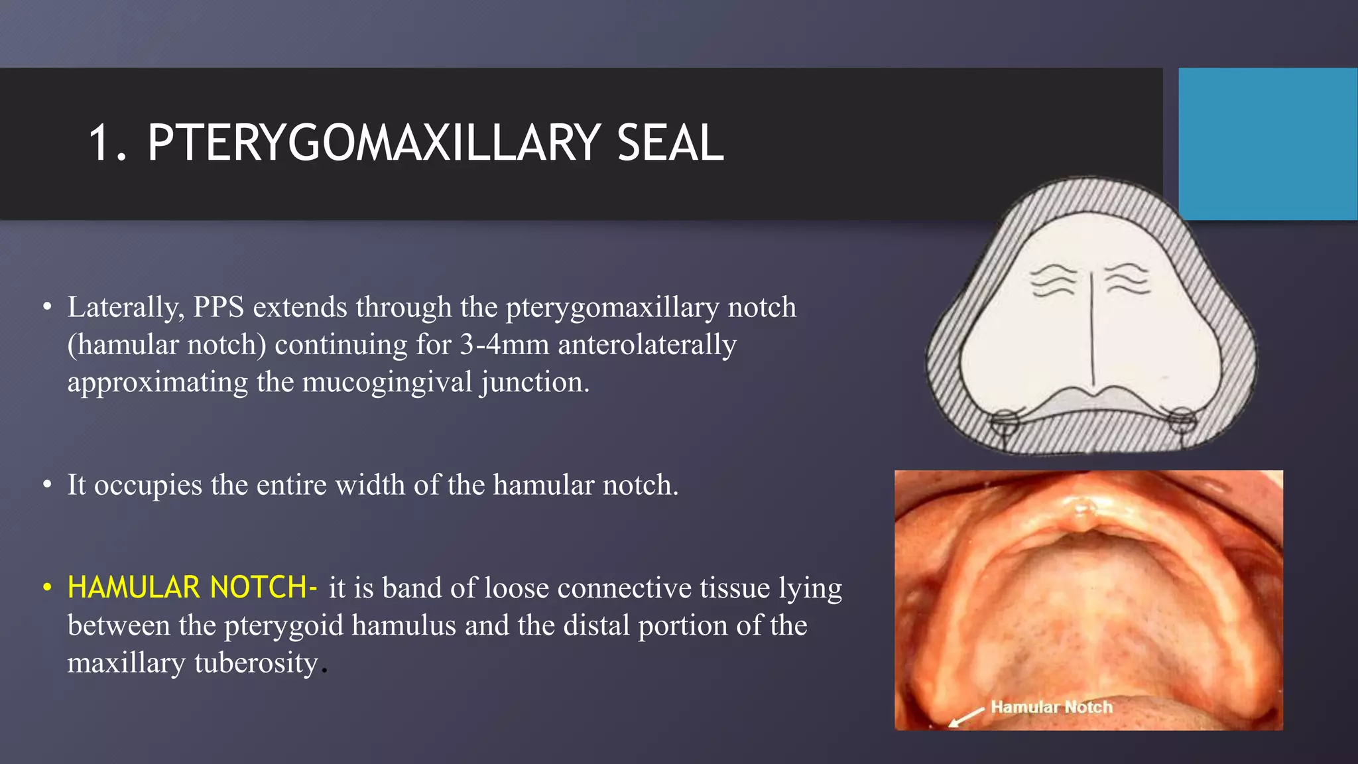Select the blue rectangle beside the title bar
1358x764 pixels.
tap(1267, 143)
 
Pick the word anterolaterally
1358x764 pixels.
tap(647, 345)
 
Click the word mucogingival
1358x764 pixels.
tap(388, 383)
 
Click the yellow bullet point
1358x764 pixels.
tap(47, 588)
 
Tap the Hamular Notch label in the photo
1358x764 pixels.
tap(1051, 707)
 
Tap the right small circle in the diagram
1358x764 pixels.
tap(1180, 419)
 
